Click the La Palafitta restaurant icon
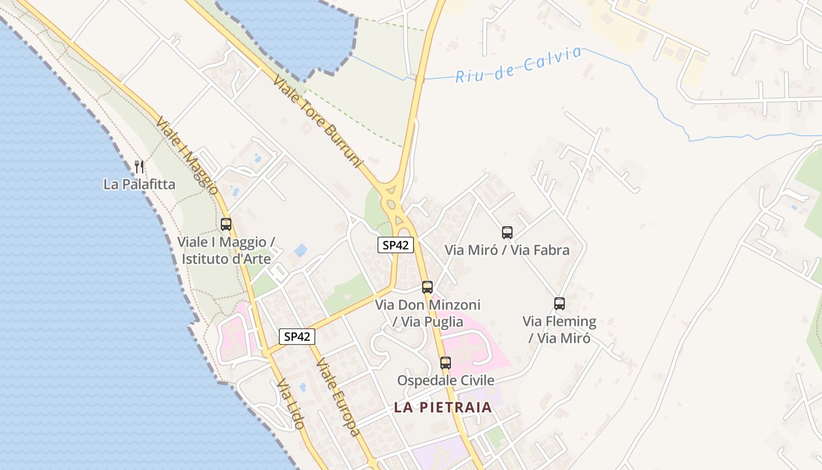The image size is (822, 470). [x=139, y=167]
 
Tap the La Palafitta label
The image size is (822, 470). [x=139, y=184]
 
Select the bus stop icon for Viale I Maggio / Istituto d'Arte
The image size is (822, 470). [x=226, y=224]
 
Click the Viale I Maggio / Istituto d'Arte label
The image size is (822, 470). [x=226, y=250]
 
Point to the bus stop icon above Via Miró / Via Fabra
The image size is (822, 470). [x=507, y=233]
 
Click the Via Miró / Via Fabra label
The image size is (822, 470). [x=507, y=250]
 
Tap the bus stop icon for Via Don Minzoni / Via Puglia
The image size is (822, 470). [x=427, y=287]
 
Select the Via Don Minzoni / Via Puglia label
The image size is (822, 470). [x=427, y=313]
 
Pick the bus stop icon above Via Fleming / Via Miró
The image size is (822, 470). [x=560, y=304]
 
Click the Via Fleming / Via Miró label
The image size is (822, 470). [x=560, y=330]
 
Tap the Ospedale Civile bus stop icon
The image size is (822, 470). [x=446, y=363]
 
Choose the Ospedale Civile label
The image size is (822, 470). [x=446, y=381]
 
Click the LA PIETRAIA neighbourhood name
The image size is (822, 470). [x=443, y=407]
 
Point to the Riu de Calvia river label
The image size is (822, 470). [x=518, y=65]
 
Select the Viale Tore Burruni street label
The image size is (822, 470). [x=318, y=122]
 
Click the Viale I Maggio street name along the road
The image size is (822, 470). [x=187, y=155]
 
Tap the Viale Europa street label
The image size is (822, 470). [x=337, y=397]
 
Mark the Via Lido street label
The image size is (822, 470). [x=291, y=404]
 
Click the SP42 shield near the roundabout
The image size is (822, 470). [x=396, y=245]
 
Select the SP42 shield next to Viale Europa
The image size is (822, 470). [x=297, y=337]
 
